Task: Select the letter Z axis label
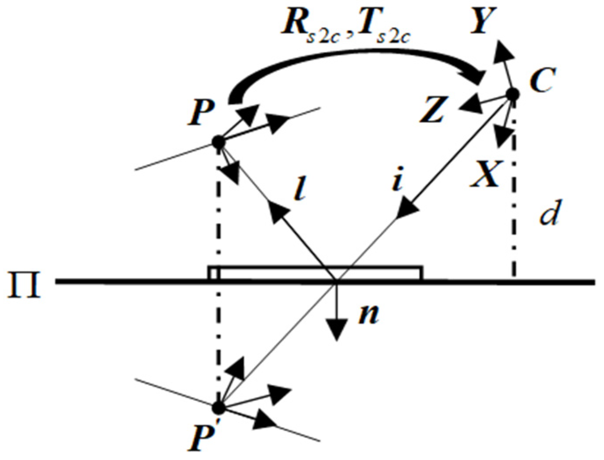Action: pos(432,110)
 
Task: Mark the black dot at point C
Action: pos(512,94)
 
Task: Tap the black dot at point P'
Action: pos(218,408)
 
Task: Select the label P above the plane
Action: pos(201,113)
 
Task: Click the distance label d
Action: pos(550,212)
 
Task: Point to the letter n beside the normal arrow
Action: pos(368,314)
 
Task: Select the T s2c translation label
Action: pos(383,26)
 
